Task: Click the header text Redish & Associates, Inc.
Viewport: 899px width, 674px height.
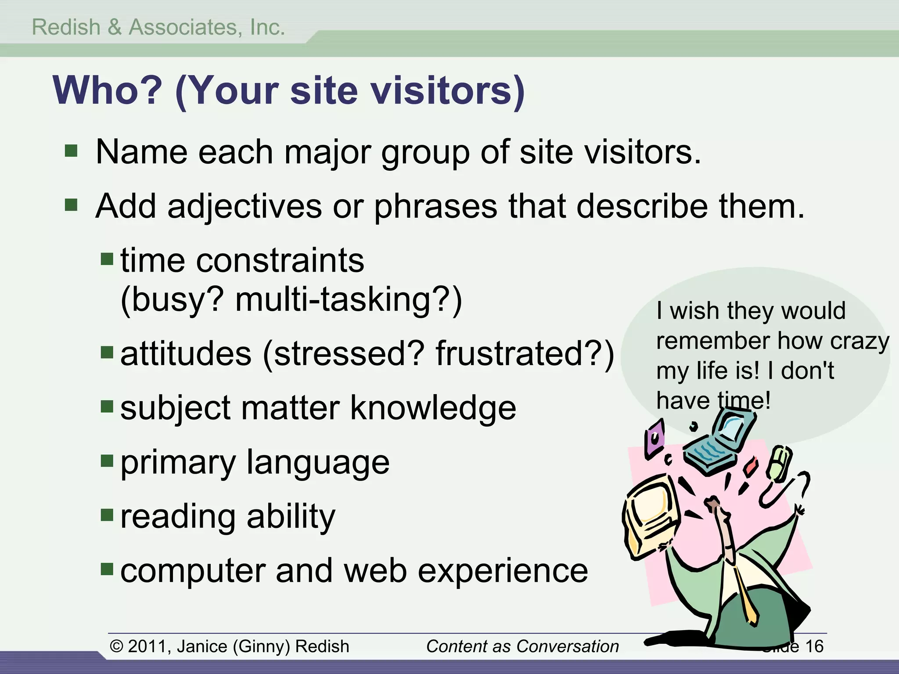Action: coord(158,27)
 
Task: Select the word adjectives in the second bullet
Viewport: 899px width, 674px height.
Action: coord(244,206)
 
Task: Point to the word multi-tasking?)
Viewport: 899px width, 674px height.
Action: coord(349,300)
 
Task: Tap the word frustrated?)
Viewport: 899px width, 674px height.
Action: coord(525,354)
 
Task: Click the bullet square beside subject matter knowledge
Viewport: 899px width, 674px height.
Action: coord(107,406)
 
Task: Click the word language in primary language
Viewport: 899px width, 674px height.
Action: coord(318,462)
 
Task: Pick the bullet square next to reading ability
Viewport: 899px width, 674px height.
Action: coord(107,515)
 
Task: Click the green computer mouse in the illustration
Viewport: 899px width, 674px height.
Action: coord(779,464)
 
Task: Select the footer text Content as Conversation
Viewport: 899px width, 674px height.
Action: coord(522,646)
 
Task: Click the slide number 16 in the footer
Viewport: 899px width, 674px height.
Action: coord(814,646)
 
